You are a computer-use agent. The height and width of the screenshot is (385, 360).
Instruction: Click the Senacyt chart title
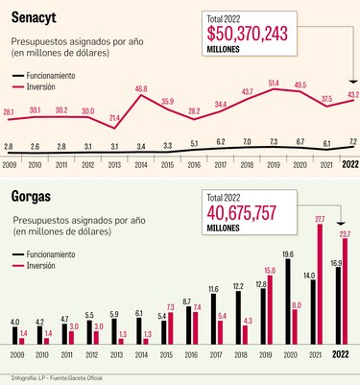tap(39, 15)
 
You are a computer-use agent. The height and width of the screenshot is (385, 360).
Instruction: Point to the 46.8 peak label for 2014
tap(141, 88)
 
